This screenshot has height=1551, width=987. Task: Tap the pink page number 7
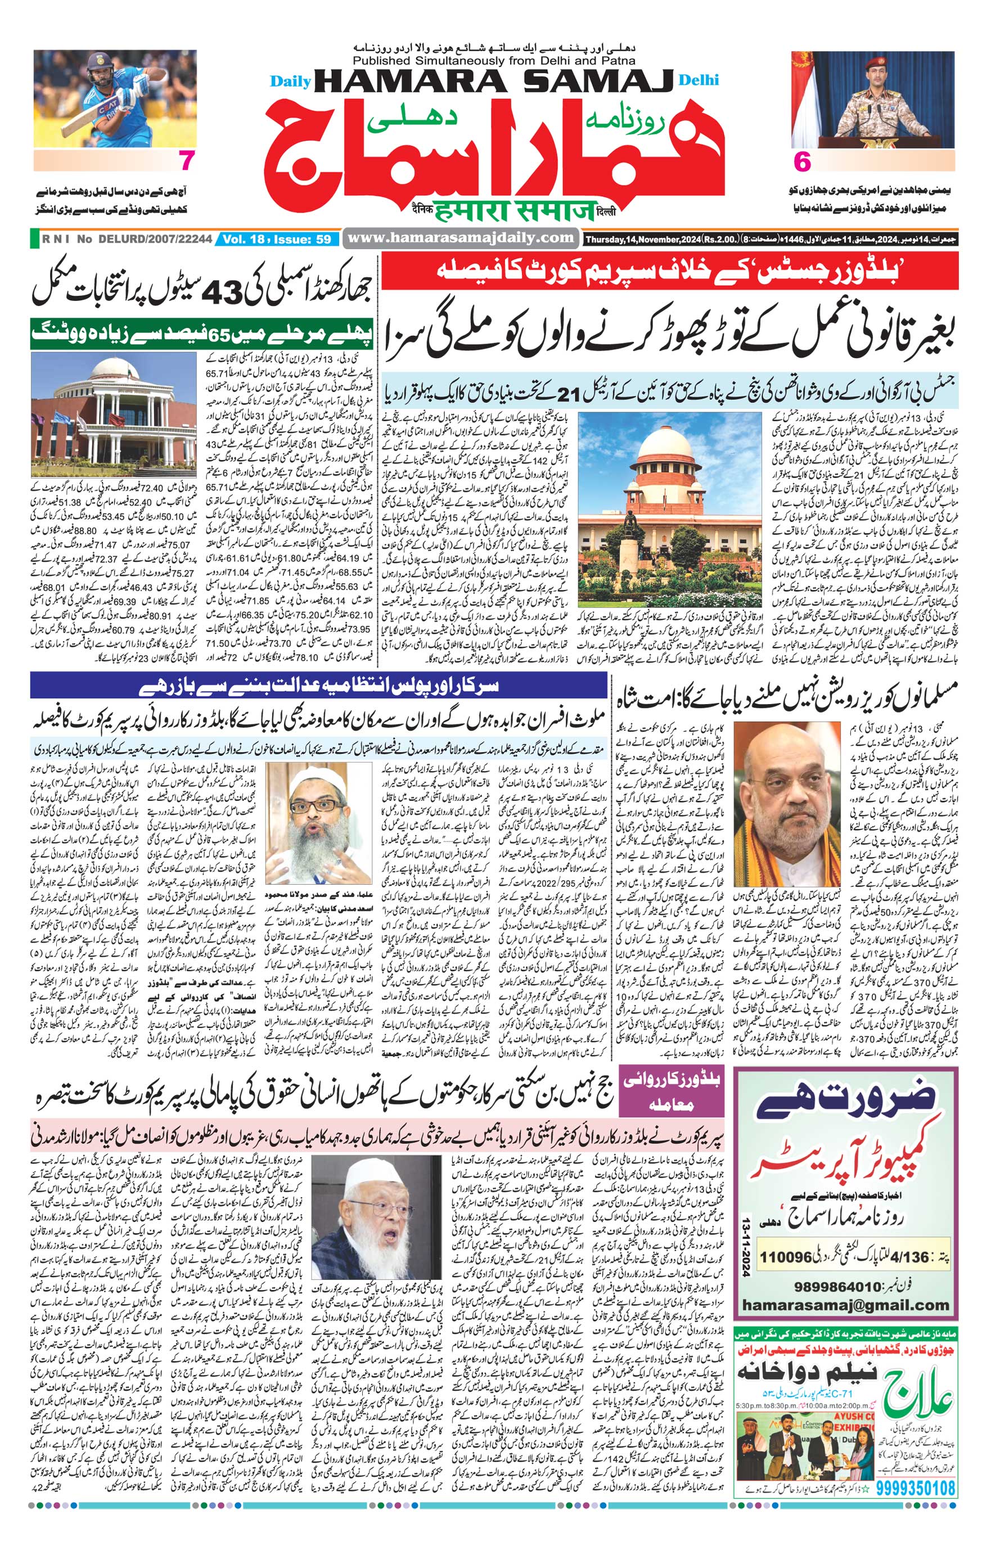pos(186,161)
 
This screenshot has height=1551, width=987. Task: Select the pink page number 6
pos(802,163)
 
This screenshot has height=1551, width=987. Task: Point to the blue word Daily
pos(290,82)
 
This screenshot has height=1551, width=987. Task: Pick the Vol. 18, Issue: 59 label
pos(277,239)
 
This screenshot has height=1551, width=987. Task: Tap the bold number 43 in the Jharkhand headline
pos(222,294)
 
